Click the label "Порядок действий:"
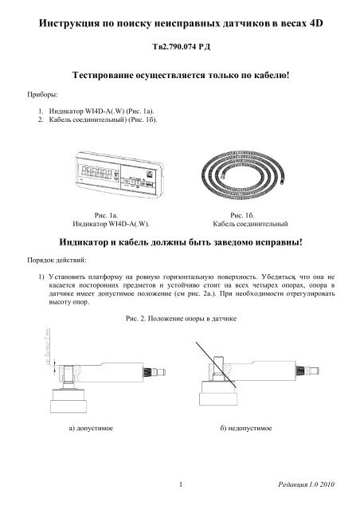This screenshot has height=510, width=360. coord(53,261)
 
